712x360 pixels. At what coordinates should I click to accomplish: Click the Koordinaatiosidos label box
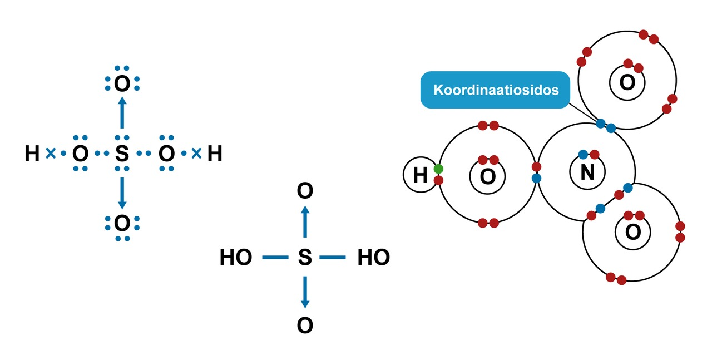496,90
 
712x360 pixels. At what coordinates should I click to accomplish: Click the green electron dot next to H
438,169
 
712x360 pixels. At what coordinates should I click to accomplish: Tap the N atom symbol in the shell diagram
587,173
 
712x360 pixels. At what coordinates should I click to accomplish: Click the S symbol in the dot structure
122,154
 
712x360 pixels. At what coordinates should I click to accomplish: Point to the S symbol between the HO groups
305,258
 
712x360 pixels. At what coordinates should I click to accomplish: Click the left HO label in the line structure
236,258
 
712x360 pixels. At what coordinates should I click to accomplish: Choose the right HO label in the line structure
373,258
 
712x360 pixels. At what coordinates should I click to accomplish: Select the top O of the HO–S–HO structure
305,191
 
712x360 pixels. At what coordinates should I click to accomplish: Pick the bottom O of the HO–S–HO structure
305,326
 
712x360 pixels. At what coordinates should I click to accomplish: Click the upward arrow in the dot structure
122,114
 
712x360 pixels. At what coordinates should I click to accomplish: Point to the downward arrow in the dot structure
122,193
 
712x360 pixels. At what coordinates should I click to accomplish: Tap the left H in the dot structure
32,154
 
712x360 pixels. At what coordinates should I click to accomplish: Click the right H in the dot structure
215,154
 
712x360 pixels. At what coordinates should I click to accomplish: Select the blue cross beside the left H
50,154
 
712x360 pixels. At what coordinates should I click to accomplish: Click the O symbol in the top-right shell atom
627,83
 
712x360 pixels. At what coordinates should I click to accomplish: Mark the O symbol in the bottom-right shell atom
633,231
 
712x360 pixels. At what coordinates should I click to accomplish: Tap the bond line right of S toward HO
333,258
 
